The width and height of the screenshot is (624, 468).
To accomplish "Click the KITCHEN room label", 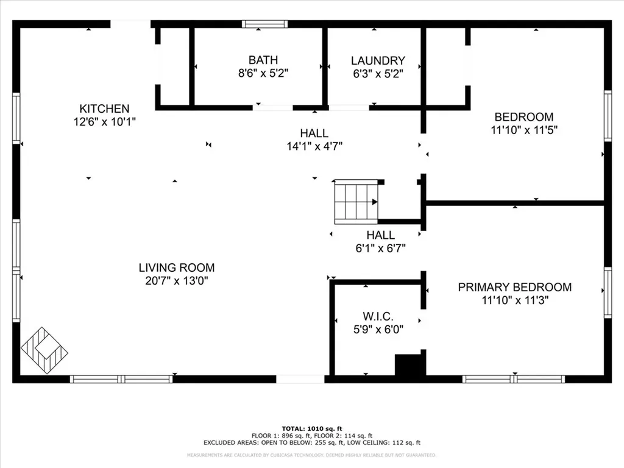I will click(104, 108).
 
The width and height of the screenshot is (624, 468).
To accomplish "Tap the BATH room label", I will click(263, 60).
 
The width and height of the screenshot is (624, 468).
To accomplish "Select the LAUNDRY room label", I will click(378, 60).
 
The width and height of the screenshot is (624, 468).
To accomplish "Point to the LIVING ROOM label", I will click(177, 268).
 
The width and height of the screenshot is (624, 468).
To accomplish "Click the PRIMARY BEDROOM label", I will click(515, 287).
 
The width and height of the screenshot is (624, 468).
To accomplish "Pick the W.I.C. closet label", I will click(378, 316).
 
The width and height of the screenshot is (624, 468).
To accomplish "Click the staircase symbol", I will click(356, 201).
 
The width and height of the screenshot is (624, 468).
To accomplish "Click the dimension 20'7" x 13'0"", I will click(177, 281).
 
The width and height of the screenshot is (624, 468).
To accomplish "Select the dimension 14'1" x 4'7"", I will click(314, 146).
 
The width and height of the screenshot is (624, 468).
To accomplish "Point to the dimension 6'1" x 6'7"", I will click(380, 248).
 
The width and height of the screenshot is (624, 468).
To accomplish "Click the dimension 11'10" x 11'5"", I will click(524, 130).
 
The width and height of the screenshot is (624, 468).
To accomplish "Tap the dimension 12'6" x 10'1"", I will click(104, 122).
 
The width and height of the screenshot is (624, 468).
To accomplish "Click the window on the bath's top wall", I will click(265, 24).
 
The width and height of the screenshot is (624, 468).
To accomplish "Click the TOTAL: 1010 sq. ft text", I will click(311, 428).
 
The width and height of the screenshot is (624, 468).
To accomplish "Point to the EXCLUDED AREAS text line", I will click(311, 443).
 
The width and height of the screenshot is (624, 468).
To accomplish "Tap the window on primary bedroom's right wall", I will click(608, 292).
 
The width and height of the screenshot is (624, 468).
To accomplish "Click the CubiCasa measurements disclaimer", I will click(311, 455).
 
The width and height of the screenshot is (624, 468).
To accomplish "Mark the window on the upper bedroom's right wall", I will click(608, 116).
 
